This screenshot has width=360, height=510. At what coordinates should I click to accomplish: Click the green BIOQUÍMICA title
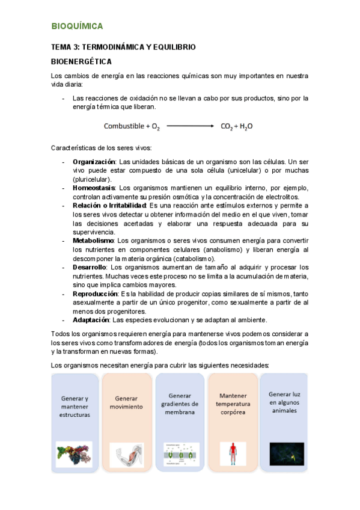pos(77,26)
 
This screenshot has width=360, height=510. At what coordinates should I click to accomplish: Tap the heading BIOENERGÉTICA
pos(81,61)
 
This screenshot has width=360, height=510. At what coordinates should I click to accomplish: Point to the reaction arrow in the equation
pos(190,126)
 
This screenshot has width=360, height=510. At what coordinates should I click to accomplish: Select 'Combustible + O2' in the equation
pos(132,126)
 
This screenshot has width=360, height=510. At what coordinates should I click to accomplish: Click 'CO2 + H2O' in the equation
pos(237,126)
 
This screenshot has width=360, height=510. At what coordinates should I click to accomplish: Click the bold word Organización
pos(94,162)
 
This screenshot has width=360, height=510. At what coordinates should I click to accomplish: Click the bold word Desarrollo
pos(90,267)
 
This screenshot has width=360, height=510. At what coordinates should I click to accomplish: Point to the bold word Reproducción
pos(95,293)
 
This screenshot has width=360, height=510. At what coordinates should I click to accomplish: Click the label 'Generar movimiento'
pos(126,402)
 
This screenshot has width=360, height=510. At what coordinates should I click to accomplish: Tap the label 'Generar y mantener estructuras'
pos(75,407)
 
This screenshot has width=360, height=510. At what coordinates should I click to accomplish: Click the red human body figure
pos(233,452)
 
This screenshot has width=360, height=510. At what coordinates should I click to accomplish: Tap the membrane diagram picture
pos(180,453)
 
